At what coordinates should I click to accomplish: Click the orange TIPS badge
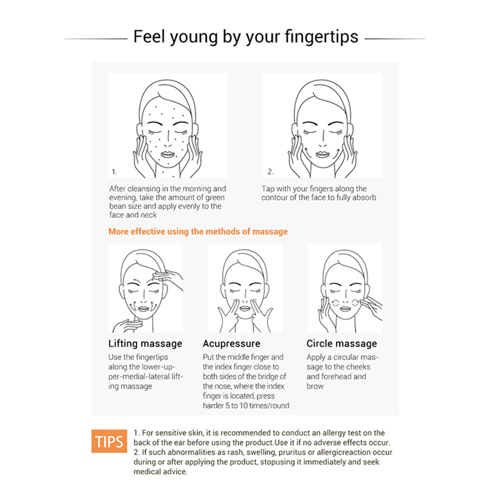point(109,441)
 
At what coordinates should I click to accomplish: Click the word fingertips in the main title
point(321,37)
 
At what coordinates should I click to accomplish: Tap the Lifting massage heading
point(145,344)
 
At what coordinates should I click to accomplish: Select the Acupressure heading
point(231,344)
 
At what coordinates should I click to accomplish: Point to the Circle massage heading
point(342,344)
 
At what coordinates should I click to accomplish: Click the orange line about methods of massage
point(198,232)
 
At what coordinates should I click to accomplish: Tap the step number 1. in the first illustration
point(114,172)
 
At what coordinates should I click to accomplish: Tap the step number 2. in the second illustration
point(271,172)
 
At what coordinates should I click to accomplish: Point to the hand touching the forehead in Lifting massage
point(168,278)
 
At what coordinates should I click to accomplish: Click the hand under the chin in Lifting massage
point(127,326)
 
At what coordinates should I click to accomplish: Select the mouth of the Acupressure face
point(245,308)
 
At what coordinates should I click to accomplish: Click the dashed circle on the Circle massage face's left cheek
point(335,303)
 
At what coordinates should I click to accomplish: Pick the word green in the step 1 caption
point(215,198)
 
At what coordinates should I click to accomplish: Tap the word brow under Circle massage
point(315,386)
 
